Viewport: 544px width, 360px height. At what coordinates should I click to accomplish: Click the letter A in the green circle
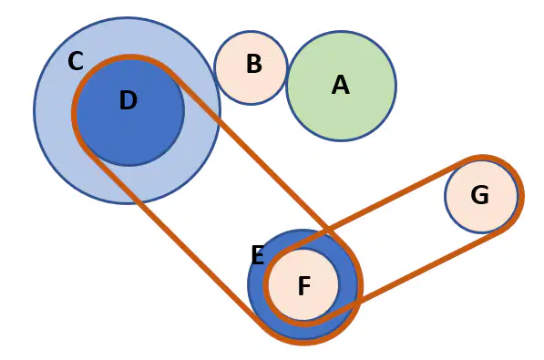coord(341,86)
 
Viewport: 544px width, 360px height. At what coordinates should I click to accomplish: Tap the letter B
coord(254,64)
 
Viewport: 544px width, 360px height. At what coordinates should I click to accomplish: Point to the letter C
coord(76,61)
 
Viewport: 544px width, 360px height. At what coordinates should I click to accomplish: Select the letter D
coord(128,100)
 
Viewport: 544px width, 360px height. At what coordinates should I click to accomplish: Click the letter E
coord(257,255)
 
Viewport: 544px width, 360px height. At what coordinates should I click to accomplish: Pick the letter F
coord(304,285)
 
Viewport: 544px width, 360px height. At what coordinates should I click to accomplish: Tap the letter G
coord(480,195)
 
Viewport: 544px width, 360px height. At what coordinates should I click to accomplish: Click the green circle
coord(342,86)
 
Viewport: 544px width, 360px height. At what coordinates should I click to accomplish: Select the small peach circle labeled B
coord(251,67)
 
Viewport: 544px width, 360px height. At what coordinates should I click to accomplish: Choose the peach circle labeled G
coord(481,196)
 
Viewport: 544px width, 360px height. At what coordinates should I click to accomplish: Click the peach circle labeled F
coord(303,284)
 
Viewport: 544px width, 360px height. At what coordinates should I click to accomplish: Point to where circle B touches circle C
coord(217,82)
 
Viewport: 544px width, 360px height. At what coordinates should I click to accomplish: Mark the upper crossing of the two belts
coord(328,229)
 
